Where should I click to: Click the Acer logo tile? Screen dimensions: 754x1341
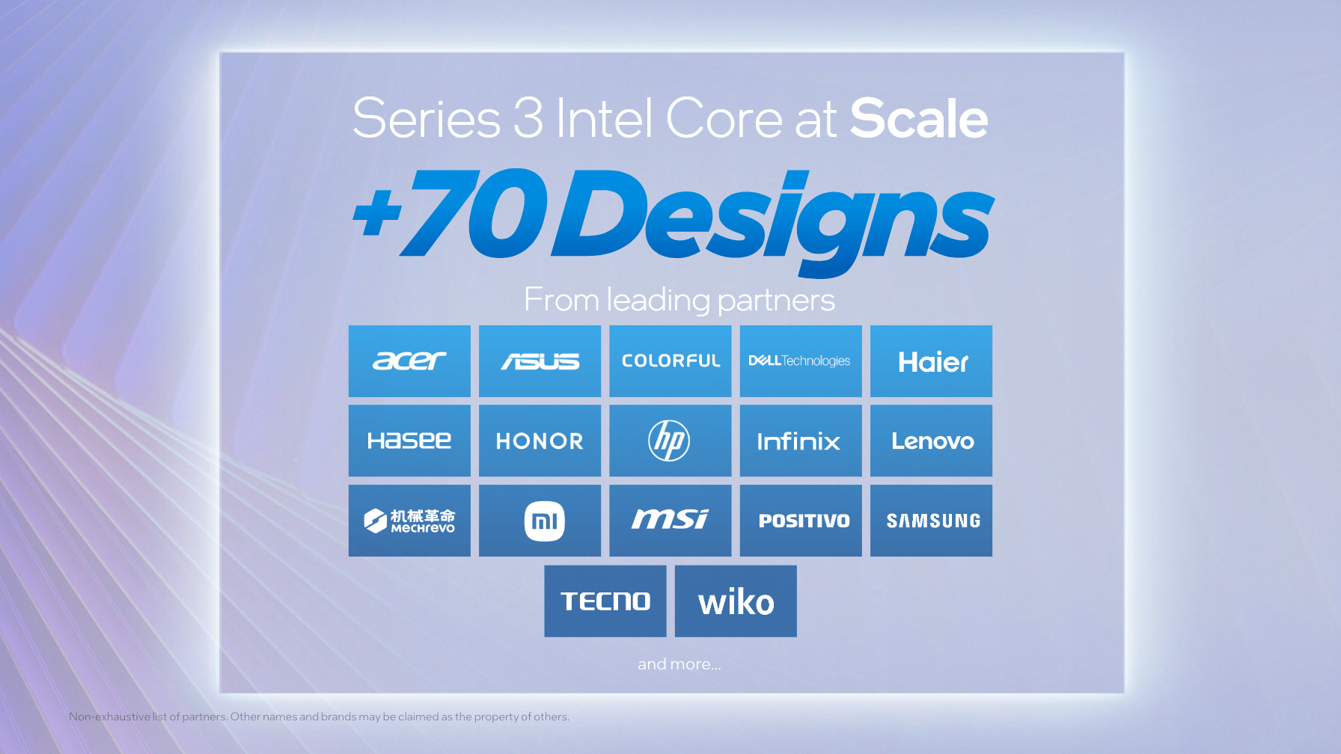click(409, 361)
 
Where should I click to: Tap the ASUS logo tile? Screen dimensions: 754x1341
click(540, 361)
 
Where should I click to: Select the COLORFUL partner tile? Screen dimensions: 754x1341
click(670, 361)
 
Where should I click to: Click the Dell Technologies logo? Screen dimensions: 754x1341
click(800, 361)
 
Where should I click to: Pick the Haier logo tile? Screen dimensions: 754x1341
click(932, 361)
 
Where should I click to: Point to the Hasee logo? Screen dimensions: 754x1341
click(409, 441)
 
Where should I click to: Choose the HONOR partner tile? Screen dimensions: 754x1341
click(540, 441)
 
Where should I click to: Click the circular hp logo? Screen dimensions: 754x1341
click(669, 441)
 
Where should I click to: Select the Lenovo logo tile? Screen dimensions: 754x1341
click(932, 441)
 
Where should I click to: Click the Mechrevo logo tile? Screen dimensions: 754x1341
click(409, 521)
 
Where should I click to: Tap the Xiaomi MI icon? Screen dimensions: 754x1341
click(544, 521)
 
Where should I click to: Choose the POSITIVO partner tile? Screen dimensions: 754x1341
click(803, 521)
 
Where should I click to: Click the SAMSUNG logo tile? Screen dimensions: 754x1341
click(932, 521)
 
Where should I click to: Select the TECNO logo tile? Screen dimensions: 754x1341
click(605, 601)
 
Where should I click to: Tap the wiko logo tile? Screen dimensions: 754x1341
click(736, 601)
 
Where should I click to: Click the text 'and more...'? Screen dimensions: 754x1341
click(679, 664)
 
